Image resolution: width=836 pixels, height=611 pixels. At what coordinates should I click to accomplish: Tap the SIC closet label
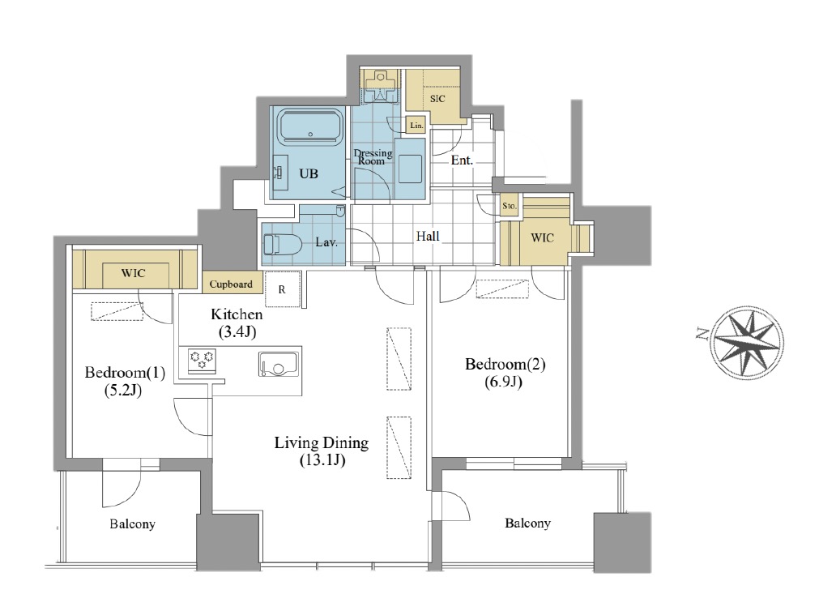tap(437, 99)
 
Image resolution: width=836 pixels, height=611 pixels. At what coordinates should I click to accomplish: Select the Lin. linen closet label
tap(416, 126)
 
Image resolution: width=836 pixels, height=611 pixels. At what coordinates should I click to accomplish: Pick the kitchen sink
tap(279, 365)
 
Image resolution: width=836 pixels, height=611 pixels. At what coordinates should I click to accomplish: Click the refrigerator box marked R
tap(282, 289)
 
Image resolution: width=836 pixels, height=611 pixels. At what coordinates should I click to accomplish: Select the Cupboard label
tap(231, 284)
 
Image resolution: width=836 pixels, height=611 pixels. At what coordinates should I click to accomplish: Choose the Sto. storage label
tap(510, 206)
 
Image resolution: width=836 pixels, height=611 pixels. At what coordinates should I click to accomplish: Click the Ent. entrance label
tap(462, 160)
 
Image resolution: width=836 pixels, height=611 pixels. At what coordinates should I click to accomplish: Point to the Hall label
tap(428, 236)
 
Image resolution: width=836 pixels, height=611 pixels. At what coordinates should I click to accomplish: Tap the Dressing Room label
tap(373, 156)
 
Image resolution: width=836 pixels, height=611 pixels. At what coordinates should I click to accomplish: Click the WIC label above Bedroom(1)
tap(133, 274)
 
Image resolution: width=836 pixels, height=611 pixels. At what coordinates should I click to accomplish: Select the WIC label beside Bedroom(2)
tap(542, 237)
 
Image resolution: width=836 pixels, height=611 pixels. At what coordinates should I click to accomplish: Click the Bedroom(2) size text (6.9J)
tap(503, 382)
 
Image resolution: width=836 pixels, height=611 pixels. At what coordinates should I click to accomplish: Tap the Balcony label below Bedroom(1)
tap(132, 524)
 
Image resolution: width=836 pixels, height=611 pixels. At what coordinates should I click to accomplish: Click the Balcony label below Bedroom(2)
tap(527, 523)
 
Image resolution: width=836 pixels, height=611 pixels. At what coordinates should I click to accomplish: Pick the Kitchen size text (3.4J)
tap(237, 332)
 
